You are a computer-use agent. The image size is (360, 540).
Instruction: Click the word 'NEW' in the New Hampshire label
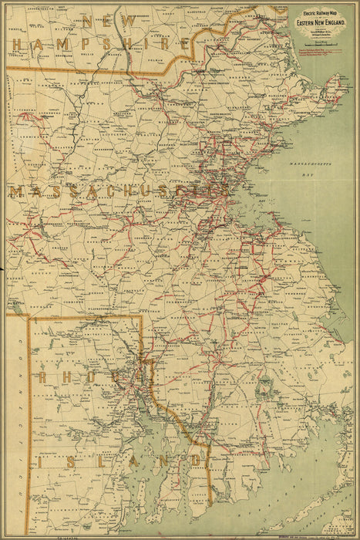(x=101, y=21)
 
